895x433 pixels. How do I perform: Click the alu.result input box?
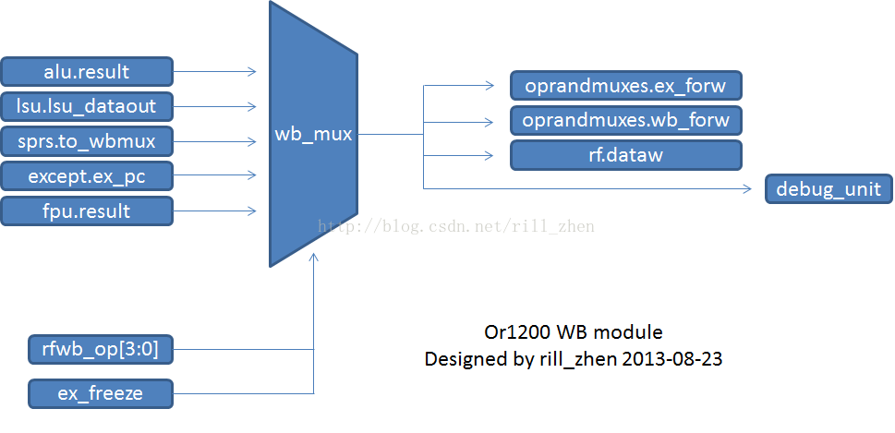[87, 72]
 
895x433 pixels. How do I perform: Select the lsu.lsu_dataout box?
[87, 106]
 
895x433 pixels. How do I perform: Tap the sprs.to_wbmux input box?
[87, 141]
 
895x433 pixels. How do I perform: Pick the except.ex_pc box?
[87, 175]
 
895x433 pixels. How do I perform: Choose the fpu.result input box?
[87, 211]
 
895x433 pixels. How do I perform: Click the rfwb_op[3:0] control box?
[101, 350]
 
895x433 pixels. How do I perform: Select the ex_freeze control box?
[101, 393]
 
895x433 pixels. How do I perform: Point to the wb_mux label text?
[313, 135]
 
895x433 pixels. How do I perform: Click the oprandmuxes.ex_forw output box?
[625, 86]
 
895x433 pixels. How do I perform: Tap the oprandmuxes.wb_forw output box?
[625, 120]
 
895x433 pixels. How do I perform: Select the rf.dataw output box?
[625, 155]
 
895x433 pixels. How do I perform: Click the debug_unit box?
[828, 189]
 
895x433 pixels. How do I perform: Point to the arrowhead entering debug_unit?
[748, 189]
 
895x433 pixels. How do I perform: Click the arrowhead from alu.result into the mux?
[252, 72]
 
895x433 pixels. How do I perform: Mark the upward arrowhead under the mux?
[313, 258]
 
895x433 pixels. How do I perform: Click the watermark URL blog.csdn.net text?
[456, 227]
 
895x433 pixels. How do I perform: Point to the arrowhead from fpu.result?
[252, 211]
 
